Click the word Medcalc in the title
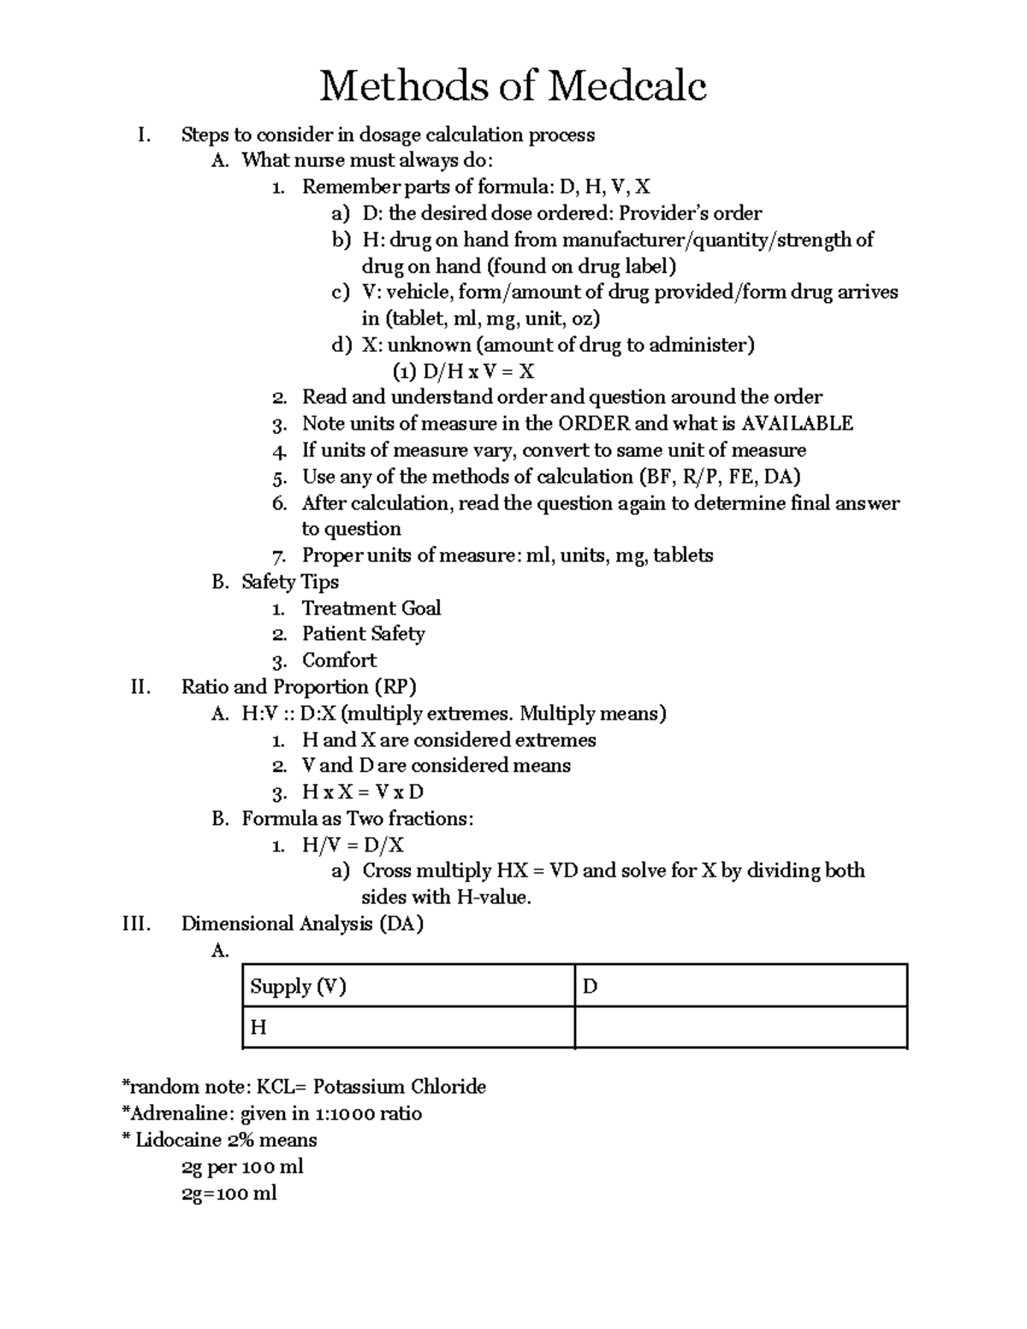click(627, 86)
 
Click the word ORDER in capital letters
click(593, 424)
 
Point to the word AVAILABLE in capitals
click(797, 424)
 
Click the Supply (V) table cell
click(408, 987)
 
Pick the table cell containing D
click(740, 987)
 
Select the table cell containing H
click(408, 1027)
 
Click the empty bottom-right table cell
click(740, 1027)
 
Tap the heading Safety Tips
click(290, 582)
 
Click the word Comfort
click(339, 661)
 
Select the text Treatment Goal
click(371, 608)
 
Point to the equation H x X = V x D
click(363, 792)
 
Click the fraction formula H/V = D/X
click(353, 845)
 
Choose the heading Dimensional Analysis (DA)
click(302, 924)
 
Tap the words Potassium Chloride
click(399, 1087)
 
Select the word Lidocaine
click(179, 1140)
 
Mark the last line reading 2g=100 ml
click(229, 1193)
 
